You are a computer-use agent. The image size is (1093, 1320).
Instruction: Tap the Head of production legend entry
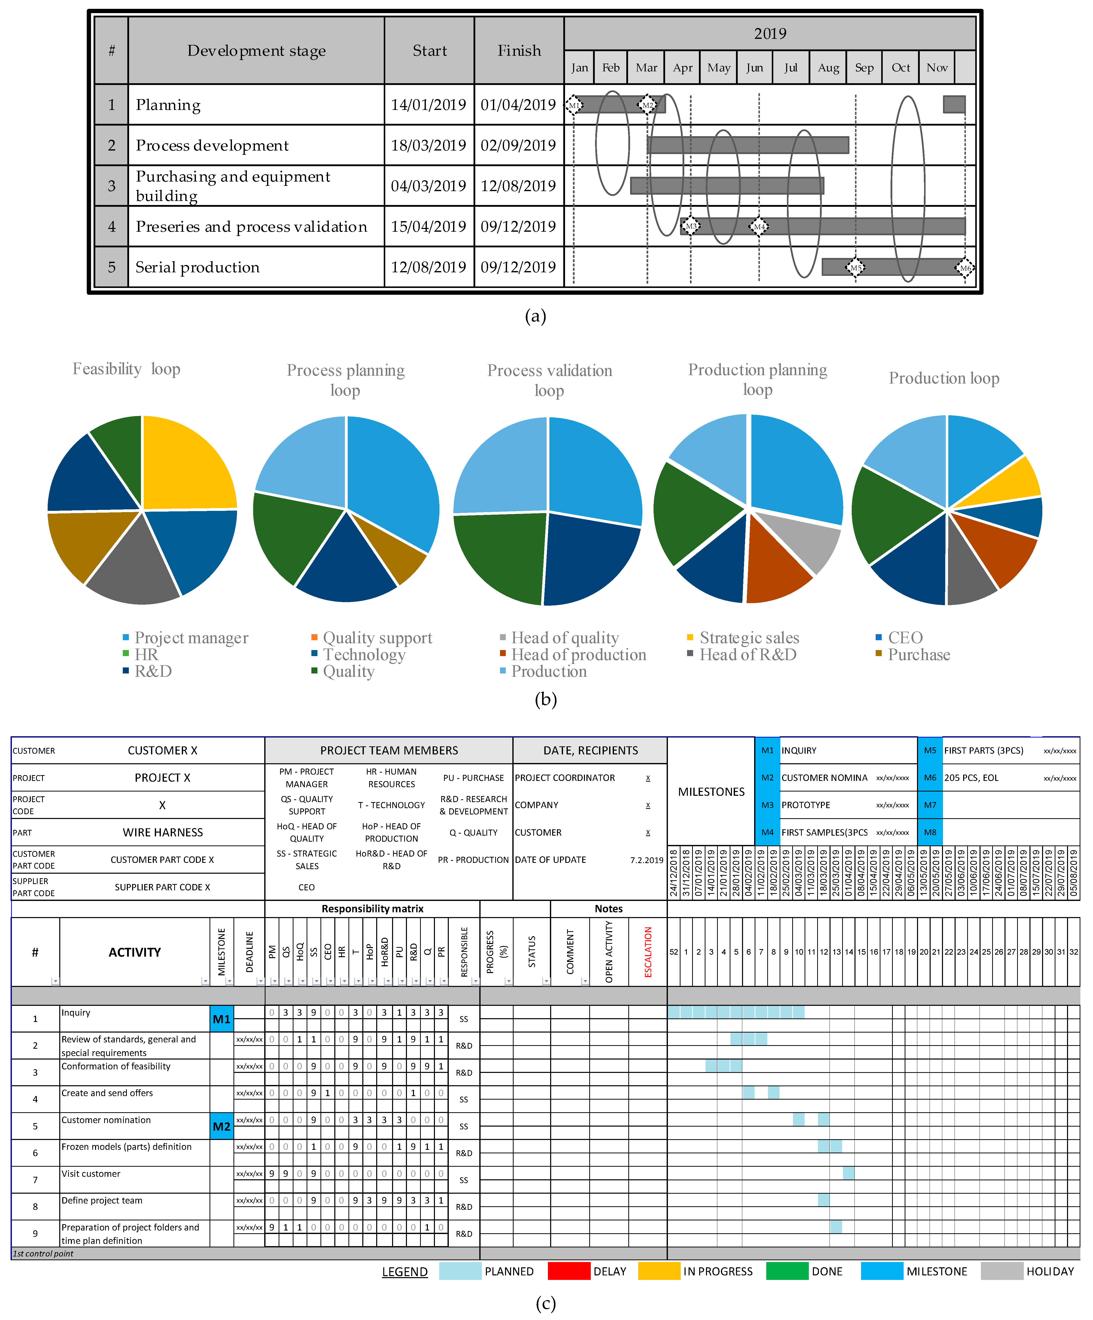[578, 655]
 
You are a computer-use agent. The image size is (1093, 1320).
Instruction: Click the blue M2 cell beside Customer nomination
[221, 1126]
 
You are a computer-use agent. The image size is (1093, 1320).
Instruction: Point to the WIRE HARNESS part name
[163, 832]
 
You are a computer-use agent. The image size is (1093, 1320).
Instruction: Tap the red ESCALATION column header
[648, 952]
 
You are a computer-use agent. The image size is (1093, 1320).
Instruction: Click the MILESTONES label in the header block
[711, 791]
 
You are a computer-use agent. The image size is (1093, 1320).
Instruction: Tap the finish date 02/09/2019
[518, 145]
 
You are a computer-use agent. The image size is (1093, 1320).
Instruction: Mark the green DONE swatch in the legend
[787, 1271]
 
